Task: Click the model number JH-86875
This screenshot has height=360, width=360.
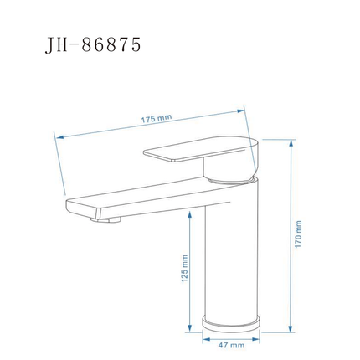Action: click(93, 44)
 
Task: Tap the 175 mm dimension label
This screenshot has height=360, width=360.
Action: click(156, 119)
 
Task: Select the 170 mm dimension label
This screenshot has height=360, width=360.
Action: click(298, 234)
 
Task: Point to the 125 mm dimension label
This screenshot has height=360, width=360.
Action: click(184, 268)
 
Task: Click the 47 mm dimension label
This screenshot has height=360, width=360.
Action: click(231, 345)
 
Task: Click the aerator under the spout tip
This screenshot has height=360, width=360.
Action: click(105, 219)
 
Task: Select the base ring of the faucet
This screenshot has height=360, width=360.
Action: click(231, 324)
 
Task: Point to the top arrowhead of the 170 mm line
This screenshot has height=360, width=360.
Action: click(291, 143)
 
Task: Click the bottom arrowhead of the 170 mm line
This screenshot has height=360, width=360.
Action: click(291, 328)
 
